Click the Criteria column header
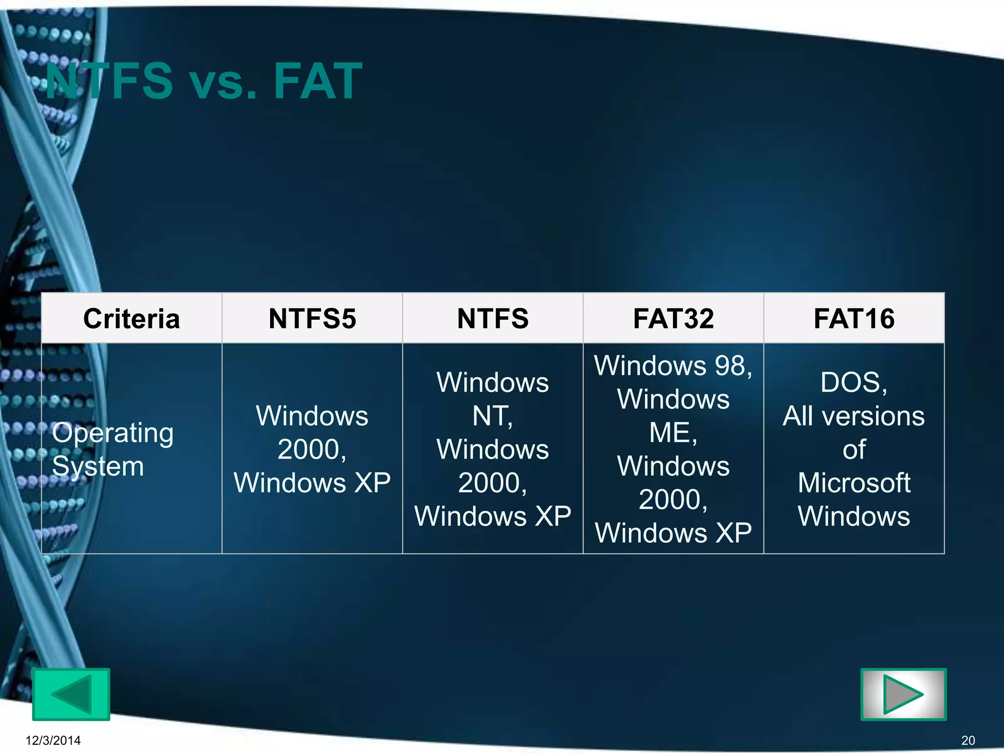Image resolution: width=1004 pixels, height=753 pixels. click(x=131, y=319)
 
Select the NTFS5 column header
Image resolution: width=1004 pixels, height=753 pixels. click(x=312, y=319)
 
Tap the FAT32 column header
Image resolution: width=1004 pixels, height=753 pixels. click(x=673, y=319)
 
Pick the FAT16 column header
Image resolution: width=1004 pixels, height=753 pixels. click(x=854, y=319)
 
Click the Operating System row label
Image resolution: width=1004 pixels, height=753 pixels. click(x=113, y=449)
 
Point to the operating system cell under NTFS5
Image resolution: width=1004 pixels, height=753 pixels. click(x=312, y=449)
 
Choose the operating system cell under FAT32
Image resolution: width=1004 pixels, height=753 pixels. click(x=673, y=449)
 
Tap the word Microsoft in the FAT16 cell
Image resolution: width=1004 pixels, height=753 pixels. click(x=854, y=483)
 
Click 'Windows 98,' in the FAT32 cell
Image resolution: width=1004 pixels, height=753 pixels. click(x=673, y=366)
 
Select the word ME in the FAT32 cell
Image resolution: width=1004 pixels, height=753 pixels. click(x=670, y=433)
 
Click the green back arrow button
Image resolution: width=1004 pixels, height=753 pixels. click(x=71, y=694)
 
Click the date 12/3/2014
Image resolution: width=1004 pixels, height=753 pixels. click(x=53, y=740)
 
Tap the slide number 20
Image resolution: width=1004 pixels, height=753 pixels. click(x=968, y=740)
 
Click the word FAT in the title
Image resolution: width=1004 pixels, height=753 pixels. click(x=318, y=81)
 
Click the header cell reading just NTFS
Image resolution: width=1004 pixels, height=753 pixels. click(x=493, y=319)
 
